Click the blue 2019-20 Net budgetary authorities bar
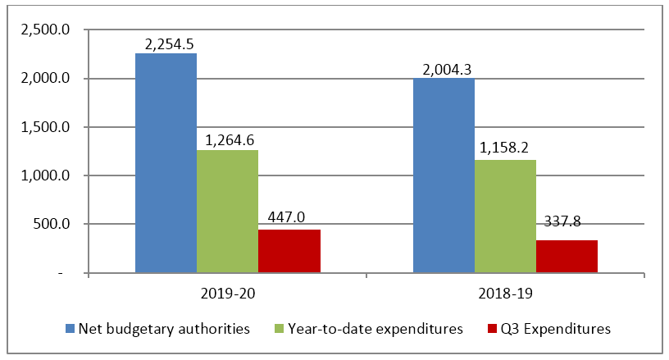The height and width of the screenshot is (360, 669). tap(166, 163)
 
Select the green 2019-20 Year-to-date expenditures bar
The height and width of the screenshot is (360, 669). tap(227, 211)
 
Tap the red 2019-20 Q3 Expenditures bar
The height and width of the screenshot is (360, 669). tap(289, 251)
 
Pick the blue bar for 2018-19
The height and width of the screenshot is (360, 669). tap(444, 175)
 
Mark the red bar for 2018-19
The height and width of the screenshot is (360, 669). tap(567, 256)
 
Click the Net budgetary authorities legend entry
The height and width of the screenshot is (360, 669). tap(164, 329)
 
